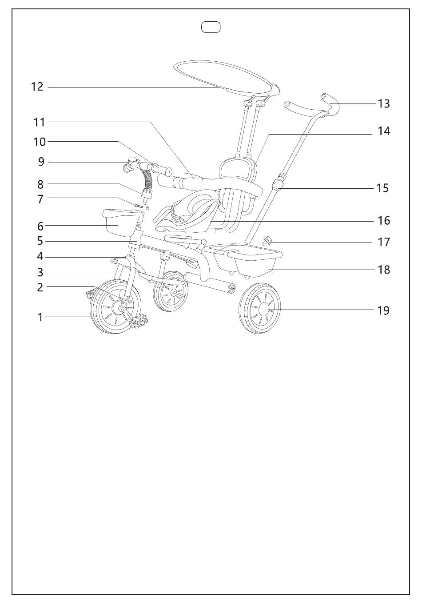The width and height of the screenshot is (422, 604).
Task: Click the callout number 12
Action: (x=37, y=87)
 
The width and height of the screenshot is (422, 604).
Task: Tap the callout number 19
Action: (x=383, y=310)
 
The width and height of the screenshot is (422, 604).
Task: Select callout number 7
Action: (x=40, y=199)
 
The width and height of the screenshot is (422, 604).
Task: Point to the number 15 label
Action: (x=382, y=188)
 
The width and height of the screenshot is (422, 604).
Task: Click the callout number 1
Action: (x=40, y=318)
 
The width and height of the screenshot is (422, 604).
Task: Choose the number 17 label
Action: (x=383, y=242)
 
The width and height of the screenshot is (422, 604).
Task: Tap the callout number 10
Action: (x=40, y=142)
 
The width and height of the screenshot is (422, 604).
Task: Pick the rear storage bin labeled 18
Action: (x=253, y=262)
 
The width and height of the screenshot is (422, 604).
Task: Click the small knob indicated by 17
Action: (x=267, y=240)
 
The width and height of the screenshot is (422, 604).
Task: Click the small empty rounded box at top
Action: (x=211, y=28)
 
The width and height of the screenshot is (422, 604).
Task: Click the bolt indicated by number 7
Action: (x=138, y=205)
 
